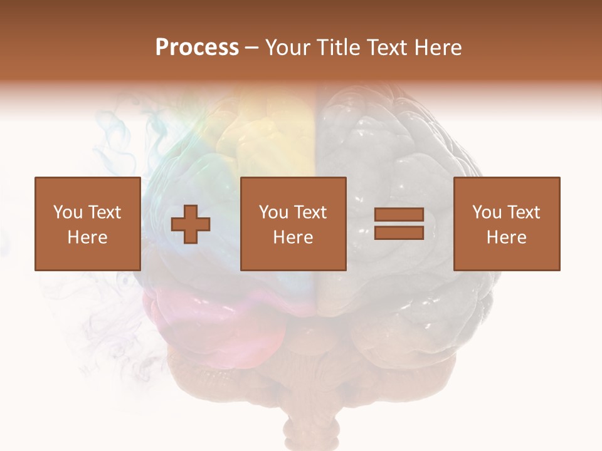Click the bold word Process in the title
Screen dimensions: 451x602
[197, 48]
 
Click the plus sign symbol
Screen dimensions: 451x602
[191, 224]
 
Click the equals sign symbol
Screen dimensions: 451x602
[399, 224]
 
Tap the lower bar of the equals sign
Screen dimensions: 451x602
[399, 233]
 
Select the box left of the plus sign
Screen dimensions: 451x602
[87, 224]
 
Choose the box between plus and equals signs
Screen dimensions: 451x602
[293, 224]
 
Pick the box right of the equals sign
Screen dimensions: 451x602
[507, 224]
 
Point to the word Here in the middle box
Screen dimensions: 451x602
[293, 237]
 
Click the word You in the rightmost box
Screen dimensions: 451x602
[487, 212]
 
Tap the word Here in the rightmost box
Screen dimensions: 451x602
[507, 237]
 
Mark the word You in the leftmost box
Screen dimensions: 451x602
[68, 212]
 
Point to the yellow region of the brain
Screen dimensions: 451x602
[276, 125]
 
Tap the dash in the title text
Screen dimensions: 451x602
[252, 48]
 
